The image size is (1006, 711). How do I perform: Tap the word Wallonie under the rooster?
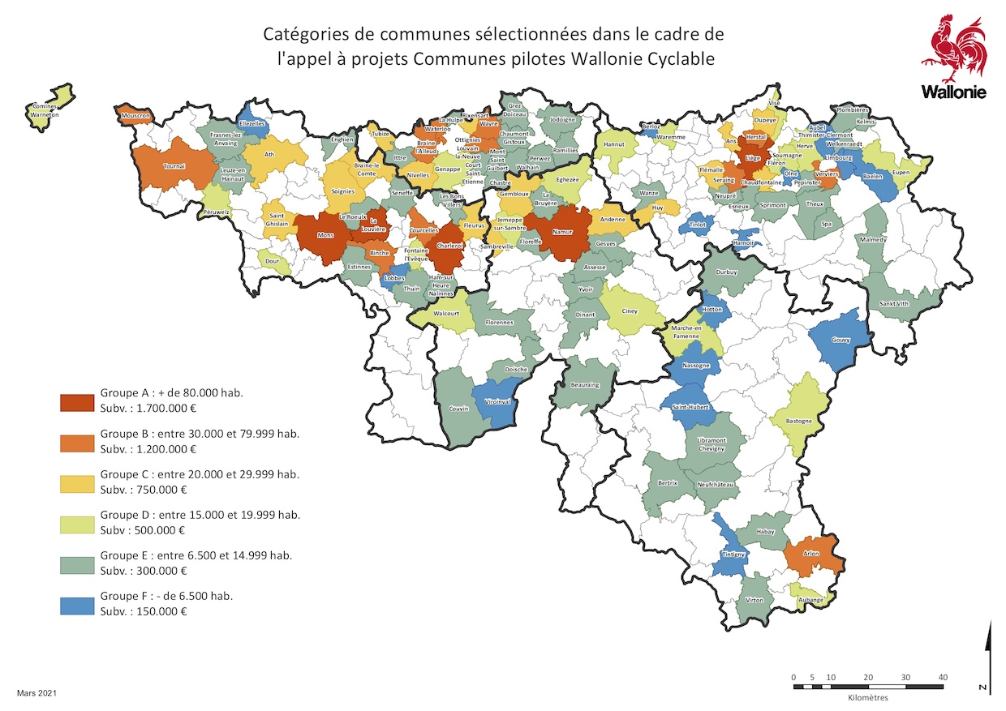coord(953,92)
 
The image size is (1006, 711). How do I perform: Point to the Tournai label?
coord(174,166)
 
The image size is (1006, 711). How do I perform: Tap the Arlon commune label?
coord(811,554)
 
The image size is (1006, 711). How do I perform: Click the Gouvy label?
coord(841,341)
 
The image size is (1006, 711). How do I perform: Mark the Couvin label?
coord(459,409)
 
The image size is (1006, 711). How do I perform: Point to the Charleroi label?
coord(449,246)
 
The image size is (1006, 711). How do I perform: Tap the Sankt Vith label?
coord(894,304)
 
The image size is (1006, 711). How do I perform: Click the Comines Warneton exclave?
coord(49,102)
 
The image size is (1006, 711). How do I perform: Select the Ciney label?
coord(630,311)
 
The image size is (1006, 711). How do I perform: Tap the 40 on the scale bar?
coord(942,676)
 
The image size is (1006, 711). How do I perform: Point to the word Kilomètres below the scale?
coord(867,697)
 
